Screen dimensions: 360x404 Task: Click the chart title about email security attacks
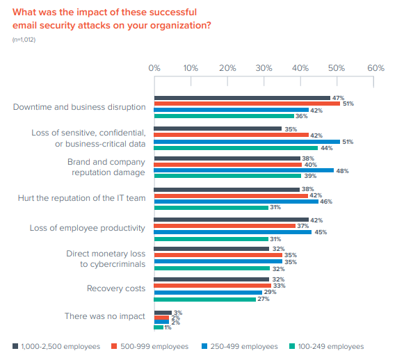112,19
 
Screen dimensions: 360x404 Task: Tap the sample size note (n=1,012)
24,40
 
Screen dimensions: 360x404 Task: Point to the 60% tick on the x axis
375,68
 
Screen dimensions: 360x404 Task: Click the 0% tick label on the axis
154,68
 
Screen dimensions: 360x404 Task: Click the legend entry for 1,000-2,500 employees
56,346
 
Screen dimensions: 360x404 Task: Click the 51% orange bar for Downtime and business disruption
247,104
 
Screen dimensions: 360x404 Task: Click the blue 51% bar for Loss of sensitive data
247,141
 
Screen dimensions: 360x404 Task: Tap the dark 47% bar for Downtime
242,98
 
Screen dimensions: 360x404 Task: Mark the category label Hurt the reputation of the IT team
81,198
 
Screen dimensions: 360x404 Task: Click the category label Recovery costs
116,288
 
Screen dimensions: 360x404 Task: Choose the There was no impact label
105,316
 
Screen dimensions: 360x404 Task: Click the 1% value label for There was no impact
168,327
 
